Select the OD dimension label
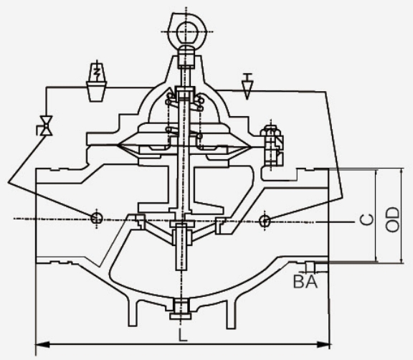pyautogui.click(x=392, y=219)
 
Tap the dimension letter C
pyautogui.click(x=366, y=219)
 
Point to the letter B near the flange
pyautogui.click(x=299, y=282)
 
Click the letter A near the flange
pyautogui.click(x=311, y=282)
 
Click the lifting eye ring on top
pyautogui.click(x=186, y=32)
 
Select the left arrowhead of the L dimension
pyautogui.click(x=42, y=344)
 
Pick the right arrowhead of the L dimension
pyautogui.click(x=323, y=344)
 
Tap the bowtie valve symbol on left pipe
pyautogui.click(x=46, y=126)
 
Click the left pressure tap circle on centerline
pyautogui.click(x=97, y=218)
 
